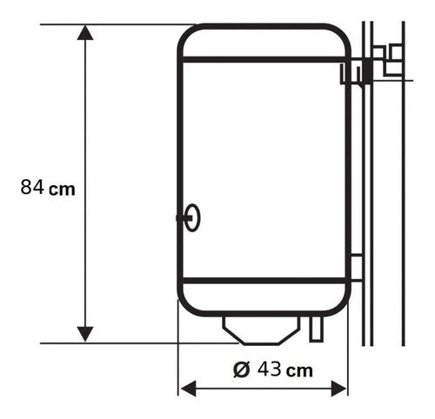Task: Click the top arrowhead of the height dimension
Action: [84, 33]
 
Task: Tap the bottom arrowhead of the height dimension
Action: [84, 333]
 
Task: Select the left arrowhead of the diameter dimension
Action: [187, 388]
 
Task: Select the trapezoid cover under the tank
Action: [262, 329]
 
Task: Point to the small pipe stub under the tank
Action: [316, 329]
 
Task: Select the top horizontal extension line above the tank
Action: [113, 24]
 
